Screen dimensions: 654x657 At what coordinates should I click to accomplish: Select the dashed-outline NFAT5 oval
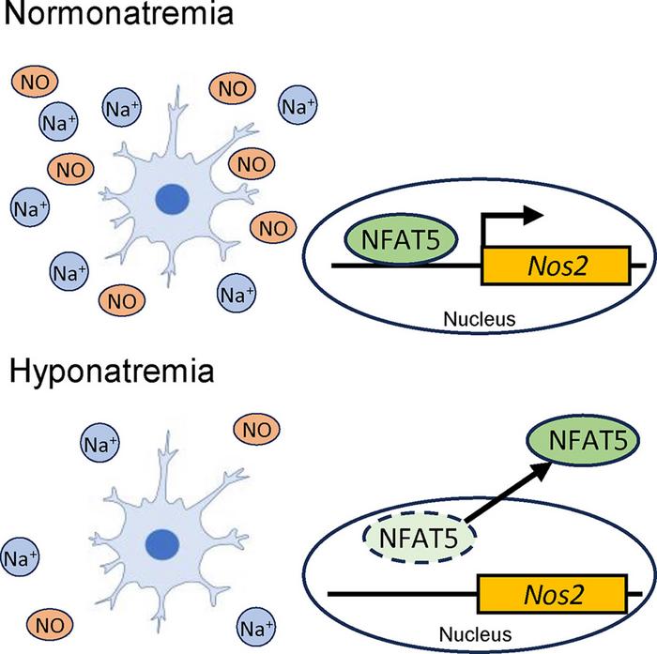[420, 541]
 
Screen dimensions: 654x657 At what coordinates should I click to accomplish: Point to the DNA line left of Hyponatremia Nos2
[404, 594]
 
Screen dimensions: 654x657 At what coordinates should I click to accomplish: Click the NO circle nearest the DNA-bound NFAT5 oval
[272, 226]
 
